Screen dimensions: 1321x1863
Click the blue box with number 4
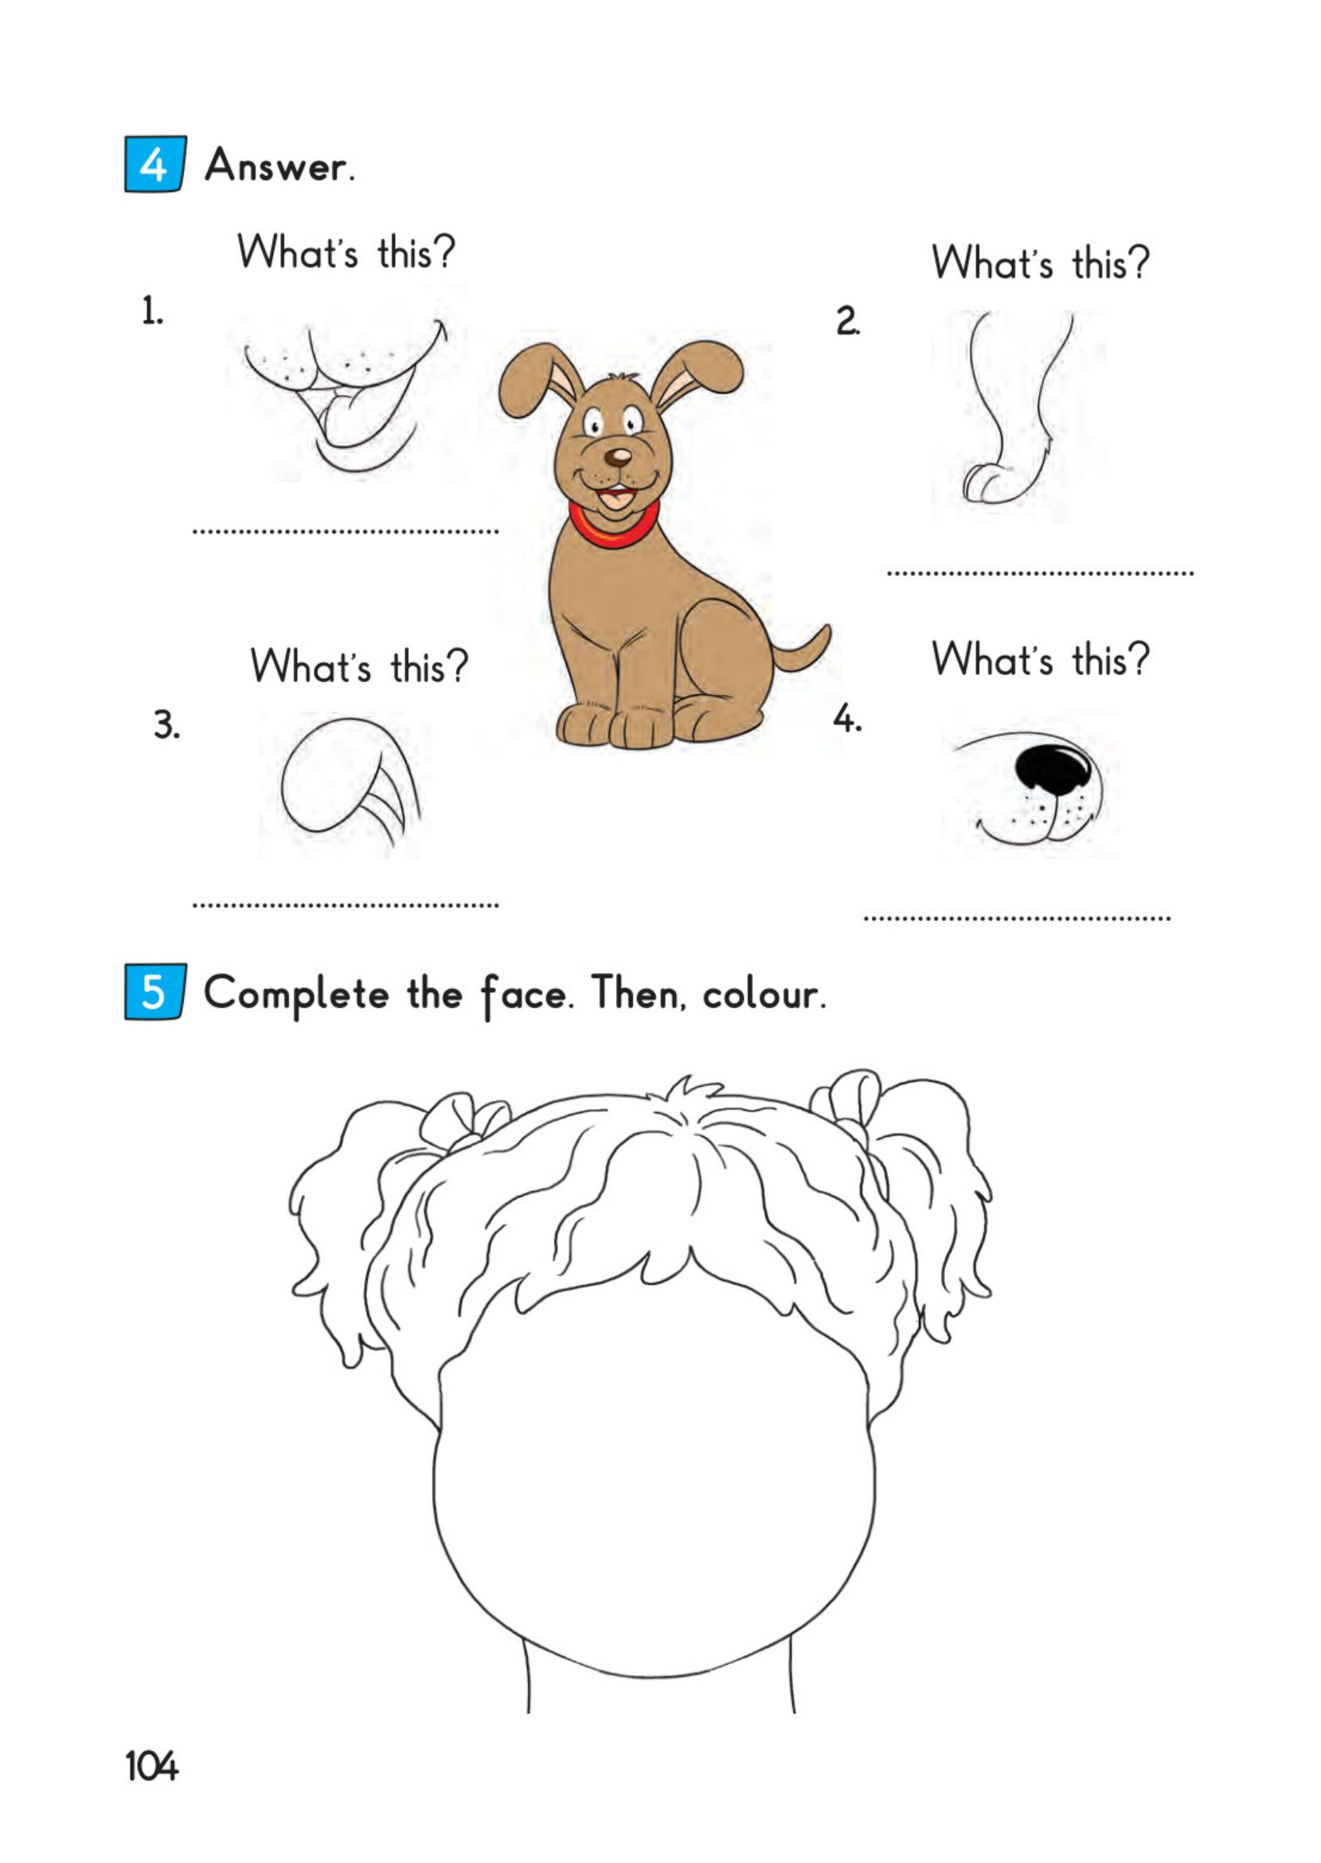click(x=154, y=164)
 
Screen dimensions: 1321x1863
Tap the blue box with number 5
click(x=154, y=991)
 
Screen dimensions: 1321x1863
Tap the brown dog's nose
click(x=618, y=457)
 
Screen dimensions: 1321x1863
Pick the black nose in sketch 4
click(x=1053, y=767)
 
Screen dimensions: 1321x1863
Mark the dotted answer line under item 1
click(x=346, y=532)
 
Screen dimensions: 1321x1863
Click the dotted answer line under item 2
click(x=1041, y=573)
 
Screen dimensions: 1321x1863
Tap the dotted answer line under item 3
click(x=346, y=904)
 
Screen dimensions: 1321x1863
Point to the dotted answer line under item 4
click(x=1017, y=919)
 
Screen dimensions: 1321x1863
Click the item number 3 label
click(x=166, y=724)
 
